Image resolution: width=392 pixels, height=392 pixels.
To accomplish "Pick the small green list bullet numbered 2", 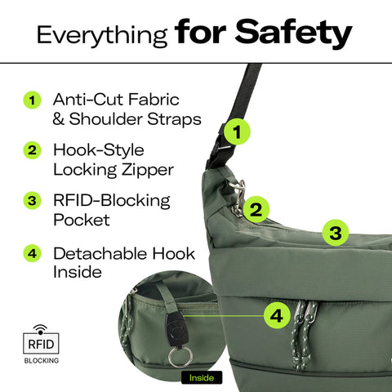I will (32, 151).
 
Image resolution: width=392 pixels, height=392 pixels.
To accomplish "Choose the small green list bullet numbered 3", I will (32, 201).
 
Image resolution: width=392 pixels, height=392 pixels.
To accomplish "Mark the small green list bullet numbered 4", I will (32, 253).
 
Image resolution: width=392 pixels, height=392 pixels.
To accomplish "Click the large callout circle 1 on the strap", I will (236, 131).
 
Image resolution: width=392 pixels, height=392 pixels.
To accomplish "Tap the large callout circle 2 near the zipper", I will (256, 209).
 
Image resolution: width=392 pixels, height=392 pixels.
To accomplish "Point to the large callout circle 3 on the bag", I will (335, 233).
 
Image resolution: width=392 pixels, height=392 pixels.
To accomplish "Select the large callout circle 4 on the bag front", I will (278, 314).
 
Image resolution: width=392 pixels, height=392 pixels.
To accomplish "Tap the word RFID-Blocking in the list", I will (111, 200).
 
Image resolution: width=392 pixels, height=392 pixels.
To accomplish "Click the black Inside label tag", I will (199, 377).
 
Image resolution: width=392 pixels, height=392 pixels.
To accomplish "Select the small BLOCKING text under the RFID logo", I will (40, 359).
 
